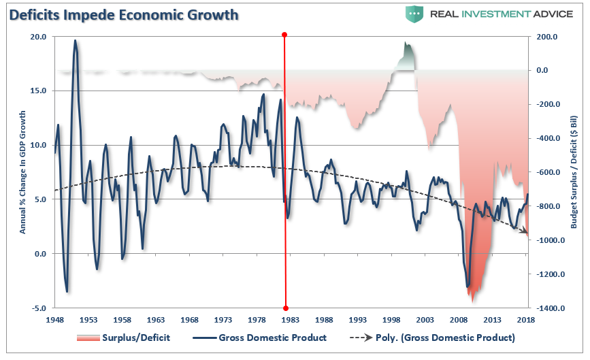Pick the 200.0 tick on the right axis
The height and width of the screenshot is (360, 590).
point(547,37)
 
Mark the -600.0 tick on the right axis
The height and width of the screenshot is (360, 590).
point(548,172)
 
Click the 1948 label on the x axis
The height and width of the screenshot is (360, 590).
point(55,319)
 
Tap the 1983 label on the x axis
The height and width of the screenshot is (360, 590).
point(291,319)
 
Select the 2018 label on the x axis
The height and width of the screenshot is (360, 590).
point(525,319)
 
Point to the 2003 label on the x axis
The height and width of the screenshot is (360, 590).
point(425,319)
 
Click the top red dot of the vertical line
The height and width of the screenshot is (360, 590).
point(284,35)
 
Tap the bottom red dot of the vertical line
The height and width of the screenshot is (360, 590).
point(286,308)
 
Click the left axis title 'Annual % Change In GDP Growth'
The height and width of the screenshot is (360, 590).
point(22,172)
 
